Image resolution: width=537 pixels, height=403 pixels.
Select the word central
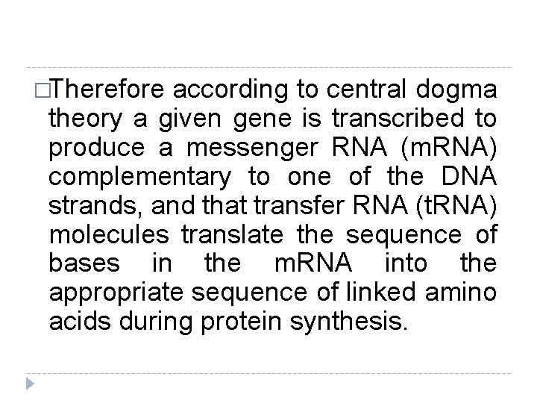(x=362, y=90)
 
